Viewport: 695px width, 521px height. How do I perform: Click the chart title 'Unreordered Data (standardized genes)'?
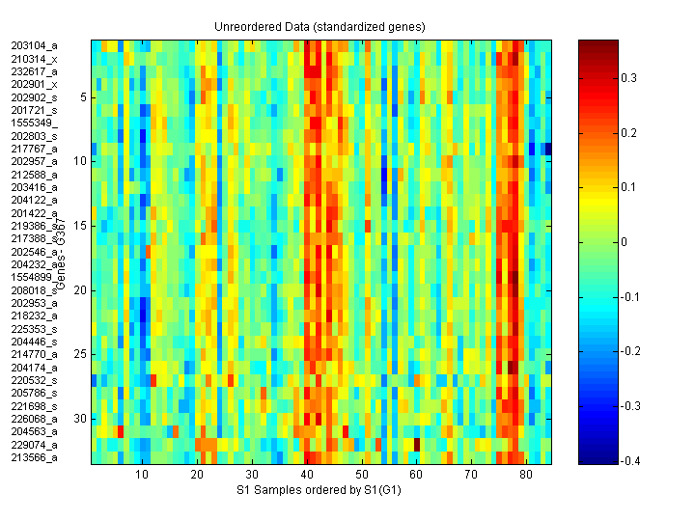pos(319,25)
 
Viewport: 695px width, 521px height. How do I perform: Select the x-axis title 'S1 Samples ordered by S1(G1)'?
pos(320,491)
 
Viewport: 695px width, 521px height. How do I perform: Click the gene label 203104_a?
pos(35,45)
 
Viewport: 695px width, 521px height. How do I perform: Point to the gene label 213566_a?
pos(35,457)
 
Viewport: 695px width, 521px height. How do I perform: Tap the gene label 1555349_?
pos(35,123)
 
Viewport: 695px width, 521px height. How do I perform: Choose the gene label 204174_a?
pos(35,368)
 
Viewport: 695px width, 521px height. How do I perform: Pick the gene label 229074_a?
pos(35,445)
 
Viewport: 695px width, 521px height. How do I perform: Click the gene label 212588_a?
pos(35,175)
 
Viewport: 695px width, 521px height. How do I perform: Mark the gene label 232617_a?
pos(35,71)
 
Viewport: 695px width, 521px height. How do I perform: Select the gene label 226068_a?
pos(35,419)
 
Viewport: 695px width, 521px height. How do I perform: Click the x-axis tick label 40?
pos(308,476)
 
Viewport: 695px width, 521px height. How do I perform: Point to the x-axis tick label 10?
pos(143,476)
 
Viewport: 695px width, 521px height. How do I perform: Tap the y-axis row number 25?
pos(82,354)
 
